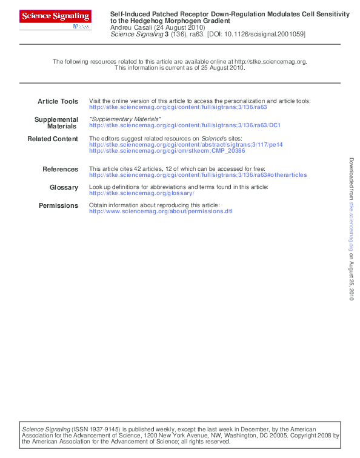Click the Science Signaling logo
coord(56,17)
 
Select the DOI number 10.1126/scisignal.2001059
coord(266,35)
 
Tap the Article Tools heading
coord(58,101)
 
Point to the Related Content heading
coord(53,139)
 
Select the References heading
coord(60,169)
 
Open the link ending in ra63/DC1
coord(184,126)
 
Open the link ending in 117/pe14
coord(185,145)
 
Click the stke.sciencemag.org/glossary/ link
coord(141,193)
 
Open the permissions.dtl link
coord(160,211)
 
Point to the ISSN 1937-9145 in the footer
coord(95,429)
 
